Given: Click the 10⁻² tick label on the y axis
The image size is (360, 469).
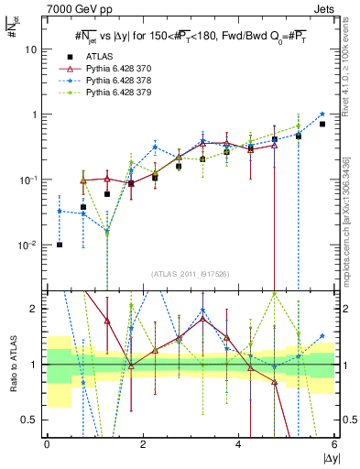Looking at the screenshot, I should point(33,245).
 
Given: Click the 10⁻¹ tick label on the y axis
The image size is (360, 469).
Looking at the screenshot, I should point(33,180).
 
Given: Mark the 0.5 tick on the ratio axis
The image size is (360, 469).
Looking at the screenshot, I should point(32,420).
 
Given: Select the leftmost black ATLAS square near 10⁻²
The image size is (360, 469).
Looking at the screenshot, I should point(60,245).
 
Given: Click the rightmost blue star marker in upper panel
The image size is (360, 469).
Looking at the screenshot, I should point(322,115).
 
